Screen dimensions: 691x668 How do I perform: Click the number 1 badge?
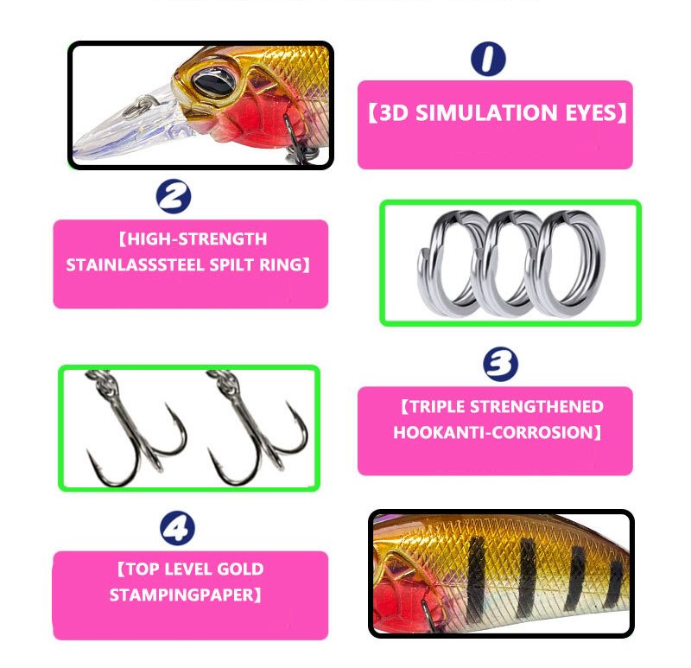488,59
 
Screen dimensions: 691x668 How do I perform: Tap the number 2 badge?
174,196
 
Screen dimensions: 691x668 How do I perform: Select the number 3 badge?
501,364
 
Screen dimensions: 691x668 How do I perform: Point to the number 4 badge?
177,528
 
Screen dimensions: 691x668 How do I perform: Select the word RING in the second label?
281,265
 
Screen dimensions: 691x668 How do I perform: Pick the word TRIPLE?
437,406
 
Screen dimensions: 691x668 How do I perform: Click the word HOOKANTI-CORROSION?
493,433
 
